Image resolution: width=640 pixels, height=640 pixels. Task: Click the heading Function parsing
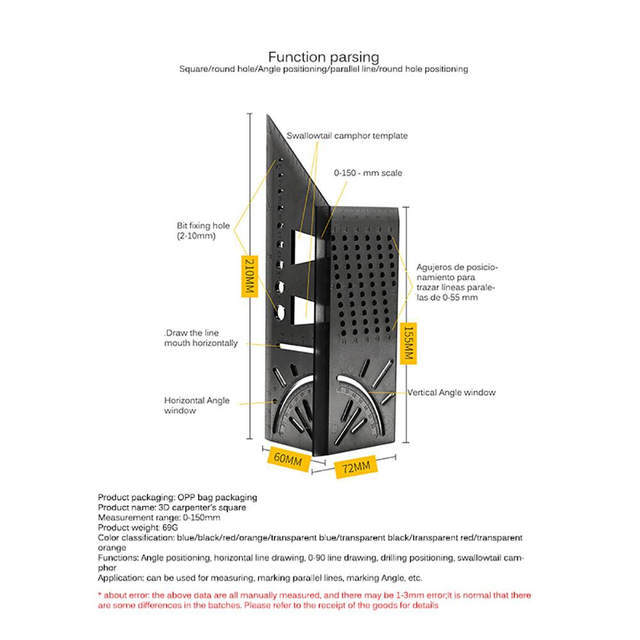[324, 57]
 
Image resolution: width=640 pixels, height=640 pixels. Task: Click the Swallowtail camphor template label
[347, 136]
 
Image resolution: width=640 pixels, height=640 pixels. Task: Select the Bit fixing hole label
[203, 230]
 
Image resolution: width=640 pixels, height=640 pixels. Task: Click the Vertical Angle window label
[451, 393]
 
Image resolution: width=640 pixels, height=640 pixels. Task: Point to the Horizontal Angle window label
[196, 405]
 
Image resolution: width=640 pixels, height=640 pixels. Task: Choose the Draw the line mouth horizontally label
[199, 338]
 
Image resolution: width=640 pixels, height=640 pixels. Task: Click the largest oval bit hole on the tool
[280, 310]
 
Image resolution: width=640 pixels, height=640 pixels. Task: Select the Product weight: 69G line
[137, 527]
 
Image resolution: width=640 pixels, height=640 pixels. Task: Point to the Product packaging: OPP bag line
[176, 497]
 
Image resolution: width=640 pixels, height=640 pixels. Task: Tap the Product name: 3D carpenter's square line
[171, 507]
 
